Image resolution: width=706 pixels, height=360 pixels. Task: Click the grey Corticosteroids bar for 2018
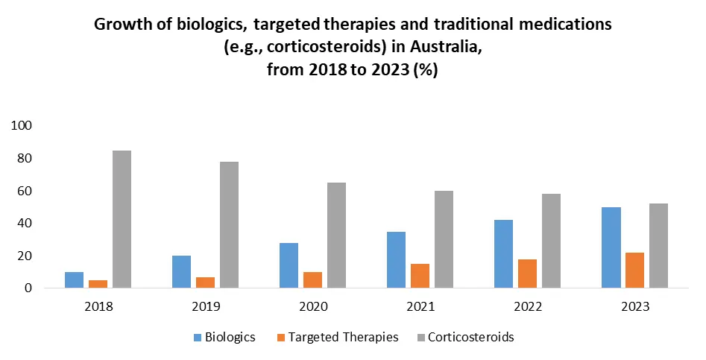pos(122,219)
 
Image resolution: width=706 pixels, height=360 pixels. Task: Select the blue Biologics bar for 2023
pos(611,247)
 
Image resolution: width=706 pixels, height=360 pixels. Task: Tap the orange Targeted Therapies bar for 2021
pos(420,276)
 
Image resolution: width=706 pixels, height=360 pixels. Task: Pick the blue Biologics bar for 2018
pos(74,280)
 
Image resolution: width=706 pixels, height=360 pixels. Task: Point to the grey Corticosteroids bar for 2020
pos(336,236)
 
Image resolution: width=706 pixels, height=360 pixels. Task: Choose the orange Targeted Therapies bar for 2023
pos(635,271)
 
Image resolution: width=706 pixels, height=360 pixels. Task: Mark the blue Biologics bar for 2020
pos(289,265)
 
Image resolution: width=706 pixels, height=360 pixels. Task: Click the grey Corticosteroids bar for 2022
pos(551,241)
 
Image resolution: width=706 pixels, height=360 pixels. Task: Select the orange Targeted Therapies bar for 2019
pos(205,282)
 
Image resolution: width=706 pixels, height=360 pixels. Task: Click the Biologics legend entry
pos(224,337)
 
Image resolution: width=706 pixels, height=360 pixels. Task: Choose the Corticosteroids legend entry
pos(465,337)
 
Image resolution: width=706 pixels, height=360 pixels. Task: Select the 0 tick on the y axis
pos(27,288)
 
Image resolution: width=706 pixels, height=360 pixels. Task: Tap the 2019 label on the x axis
pos(205,306)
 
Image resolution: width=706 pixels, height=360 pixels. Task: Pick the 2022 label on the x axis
pos(527,306)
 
